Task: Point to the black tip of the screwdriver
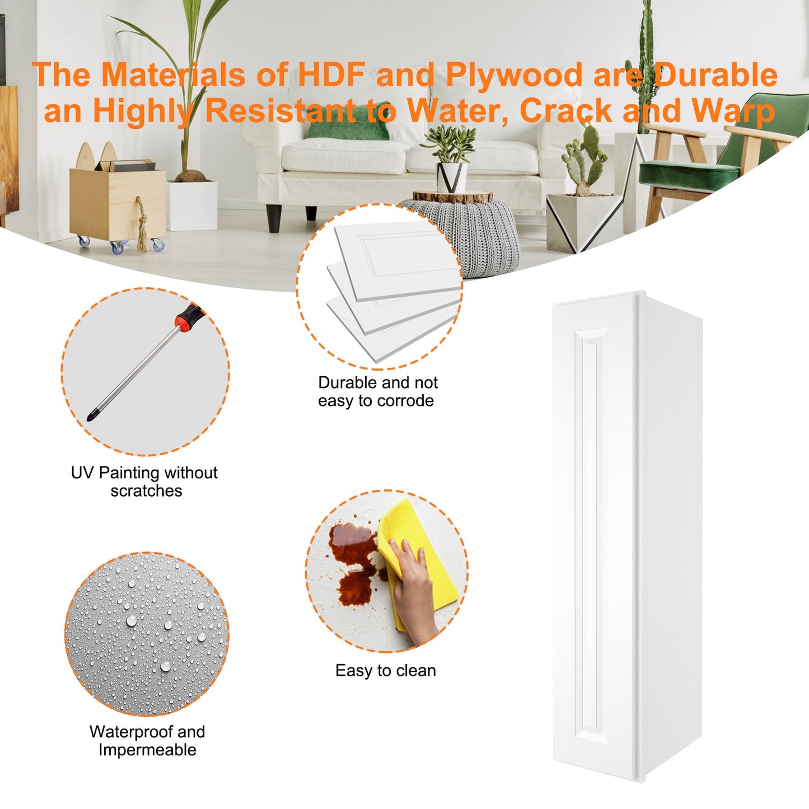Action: [90, 416]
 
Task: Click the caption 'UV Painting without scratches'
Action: [144, 481]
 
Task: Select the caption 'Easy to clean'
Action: [385, 671]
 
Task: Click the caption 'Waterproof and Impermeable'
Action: [147, 741]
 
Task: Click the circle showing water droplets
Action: [147, 634]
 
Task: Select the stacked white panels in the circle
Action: [395, 289]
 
